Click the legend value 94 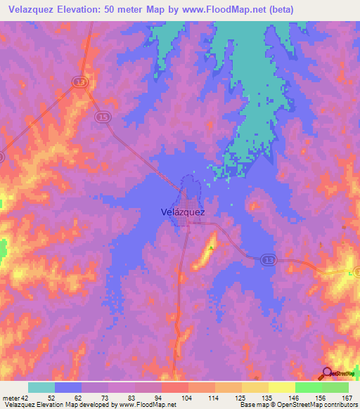click(x=161, y=398)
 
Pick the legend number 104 click(x=188, y=398)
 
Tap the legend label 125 click(x=241, y=398)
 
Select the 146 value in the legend click(x=295, y=398)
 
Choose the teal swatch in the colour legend click(x=41, y=387)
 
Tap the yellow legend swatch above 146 click(x=281, y=387)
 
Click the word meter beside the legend click(x=12, y=398)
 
